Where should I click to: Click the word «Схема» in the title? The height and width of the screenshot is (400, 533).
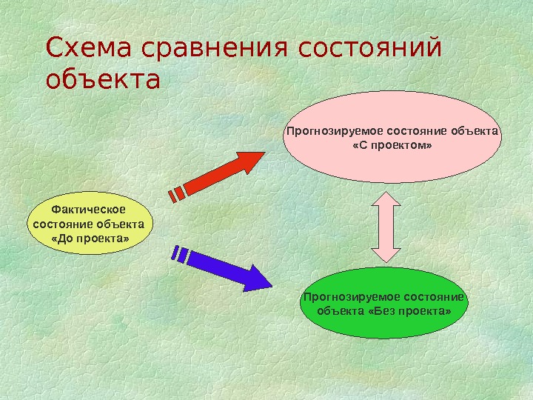[x=82, y=49]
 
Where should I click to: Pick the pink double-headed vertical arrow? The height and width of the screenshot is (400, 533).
[x=386, y=226]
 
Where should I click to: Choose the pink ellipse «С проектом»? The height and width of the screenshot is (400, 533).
[x=392, y=138]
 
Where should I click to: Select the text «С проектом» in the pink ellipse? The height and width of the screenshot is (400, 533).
[x=392, y=146]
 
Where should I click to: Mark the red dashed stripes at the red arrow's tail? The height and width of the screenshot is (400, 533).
[x=178, y=193]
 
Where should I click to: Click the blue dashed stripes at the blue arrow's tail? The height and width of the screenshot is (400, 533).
[x=179, y=254]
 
